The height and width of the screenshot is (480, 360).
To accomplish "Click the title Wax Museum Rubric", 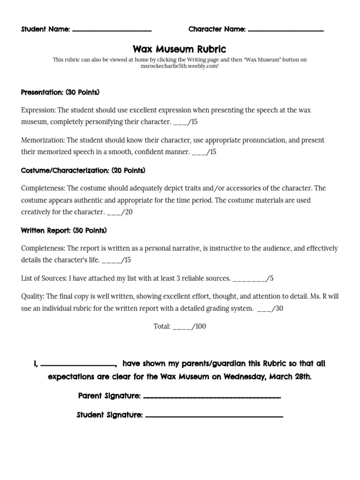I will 180,49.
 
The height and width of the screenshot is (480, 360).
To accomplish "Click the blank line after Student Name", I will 112,30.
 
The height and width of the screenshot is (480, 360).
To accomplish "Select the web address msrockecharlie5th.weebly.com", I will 180,66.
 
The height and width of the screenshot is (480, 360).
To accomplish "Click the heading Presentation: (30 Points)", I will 60,92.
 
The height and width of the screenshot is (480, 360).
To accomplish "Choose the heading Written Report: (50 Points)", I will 64,231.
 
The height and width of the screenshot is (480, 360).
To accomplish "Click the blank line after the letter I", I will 78,365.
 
